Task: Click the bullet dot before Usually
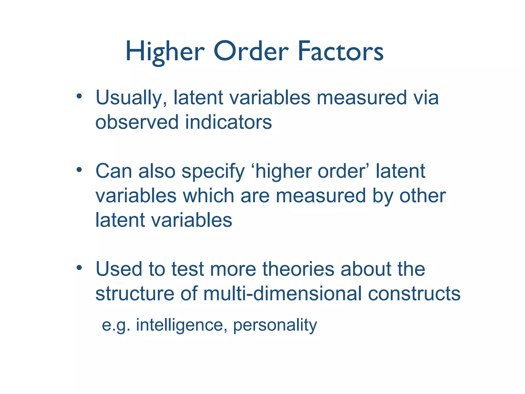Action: click(79, 96)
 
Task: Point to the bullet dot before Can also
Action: click(79, 170)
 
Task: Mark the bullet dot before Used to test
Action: click(79, 268)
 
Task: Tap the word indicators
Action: click(228, 122)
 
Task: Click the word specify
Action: click(213, 171)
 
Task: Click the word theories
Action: click(298, 269)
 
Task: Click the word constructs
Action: click(414, 293)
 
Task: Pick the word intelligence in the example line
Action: click(179, 325)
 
